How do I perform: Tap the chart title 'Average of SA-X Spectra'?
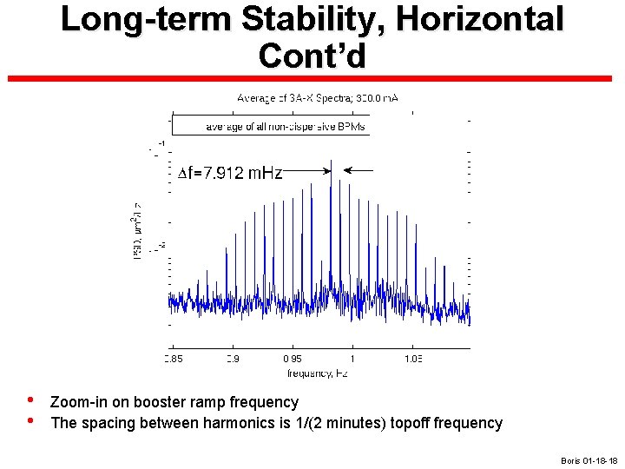coord(318,98)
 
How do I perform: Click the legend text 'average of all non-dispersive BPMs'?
coord(286,127)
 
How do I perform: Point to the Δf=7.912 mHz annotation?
coord(230,173)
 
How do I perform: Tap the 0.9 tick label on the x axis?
coord(233,358)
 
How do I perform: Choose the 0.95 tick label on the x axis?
coord(293,358)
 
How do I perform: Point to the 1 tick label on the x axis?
coord(352,358)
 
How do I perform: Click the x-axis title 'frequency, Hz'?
coord(318,373)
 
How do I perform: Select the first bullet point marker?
coord(30,402)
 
